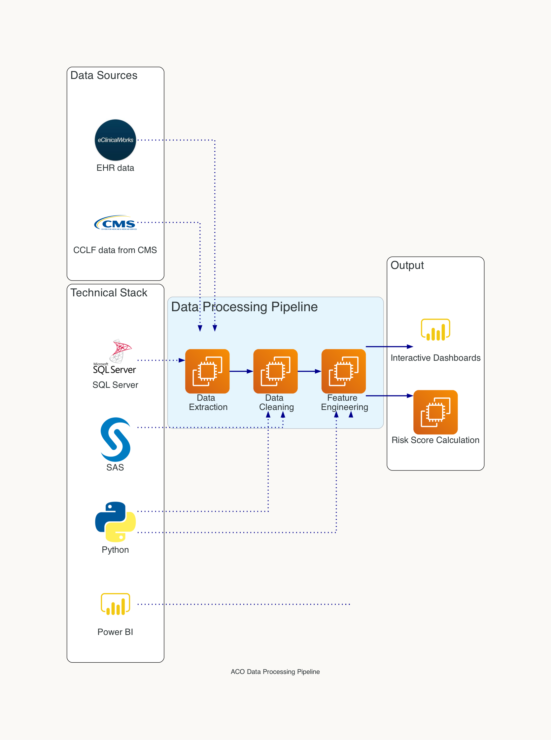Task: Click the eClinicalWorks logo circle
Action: coord(116,140)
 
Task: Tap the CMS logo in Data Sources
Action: coord(116,223)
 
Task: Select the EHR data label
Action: coord(116,168)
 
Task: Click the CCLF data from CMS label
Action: coord(115,250)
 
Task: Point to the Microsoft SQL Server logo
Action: coord(115,356)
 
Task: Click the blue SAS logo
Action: coord(116,439)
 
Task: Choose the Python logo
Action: coord(116,521)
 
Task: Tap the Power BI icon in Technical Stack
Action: coord(116,604)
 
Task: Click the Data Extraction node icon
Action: coord(207,371)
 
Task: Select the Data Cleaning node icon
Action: coord(275,371)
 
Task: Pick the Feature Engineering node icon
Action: coord(344,371)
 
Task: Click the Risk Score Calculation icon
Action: coord(435,412)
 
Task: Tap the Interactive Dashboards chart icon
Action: coord(435,330)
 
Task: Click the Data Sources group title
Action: coord(104,75)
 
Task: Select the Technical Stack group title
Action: coord(109,293)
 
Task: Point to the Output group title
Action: coord(407,265)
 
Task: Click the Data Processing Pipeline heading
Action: coord(244,307)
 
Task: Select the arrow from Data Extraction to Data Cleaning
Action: coord(241,371)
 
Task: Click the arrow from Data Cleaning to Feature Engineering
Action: coord(309,371)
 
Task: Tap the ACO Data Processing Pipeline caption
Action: coord(275,672)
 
